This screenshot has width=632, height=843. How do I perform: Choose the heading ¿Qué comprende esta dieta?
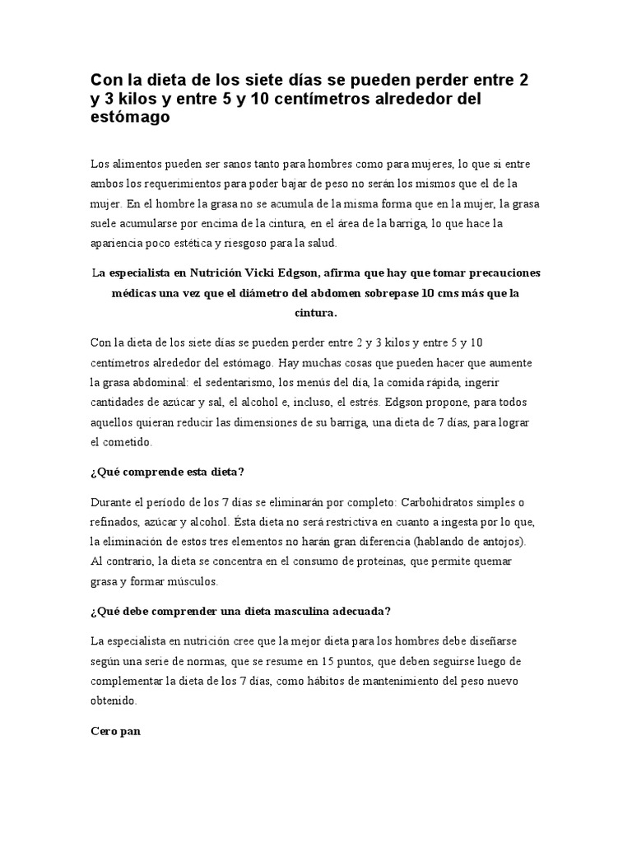[x=167, y=472]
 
